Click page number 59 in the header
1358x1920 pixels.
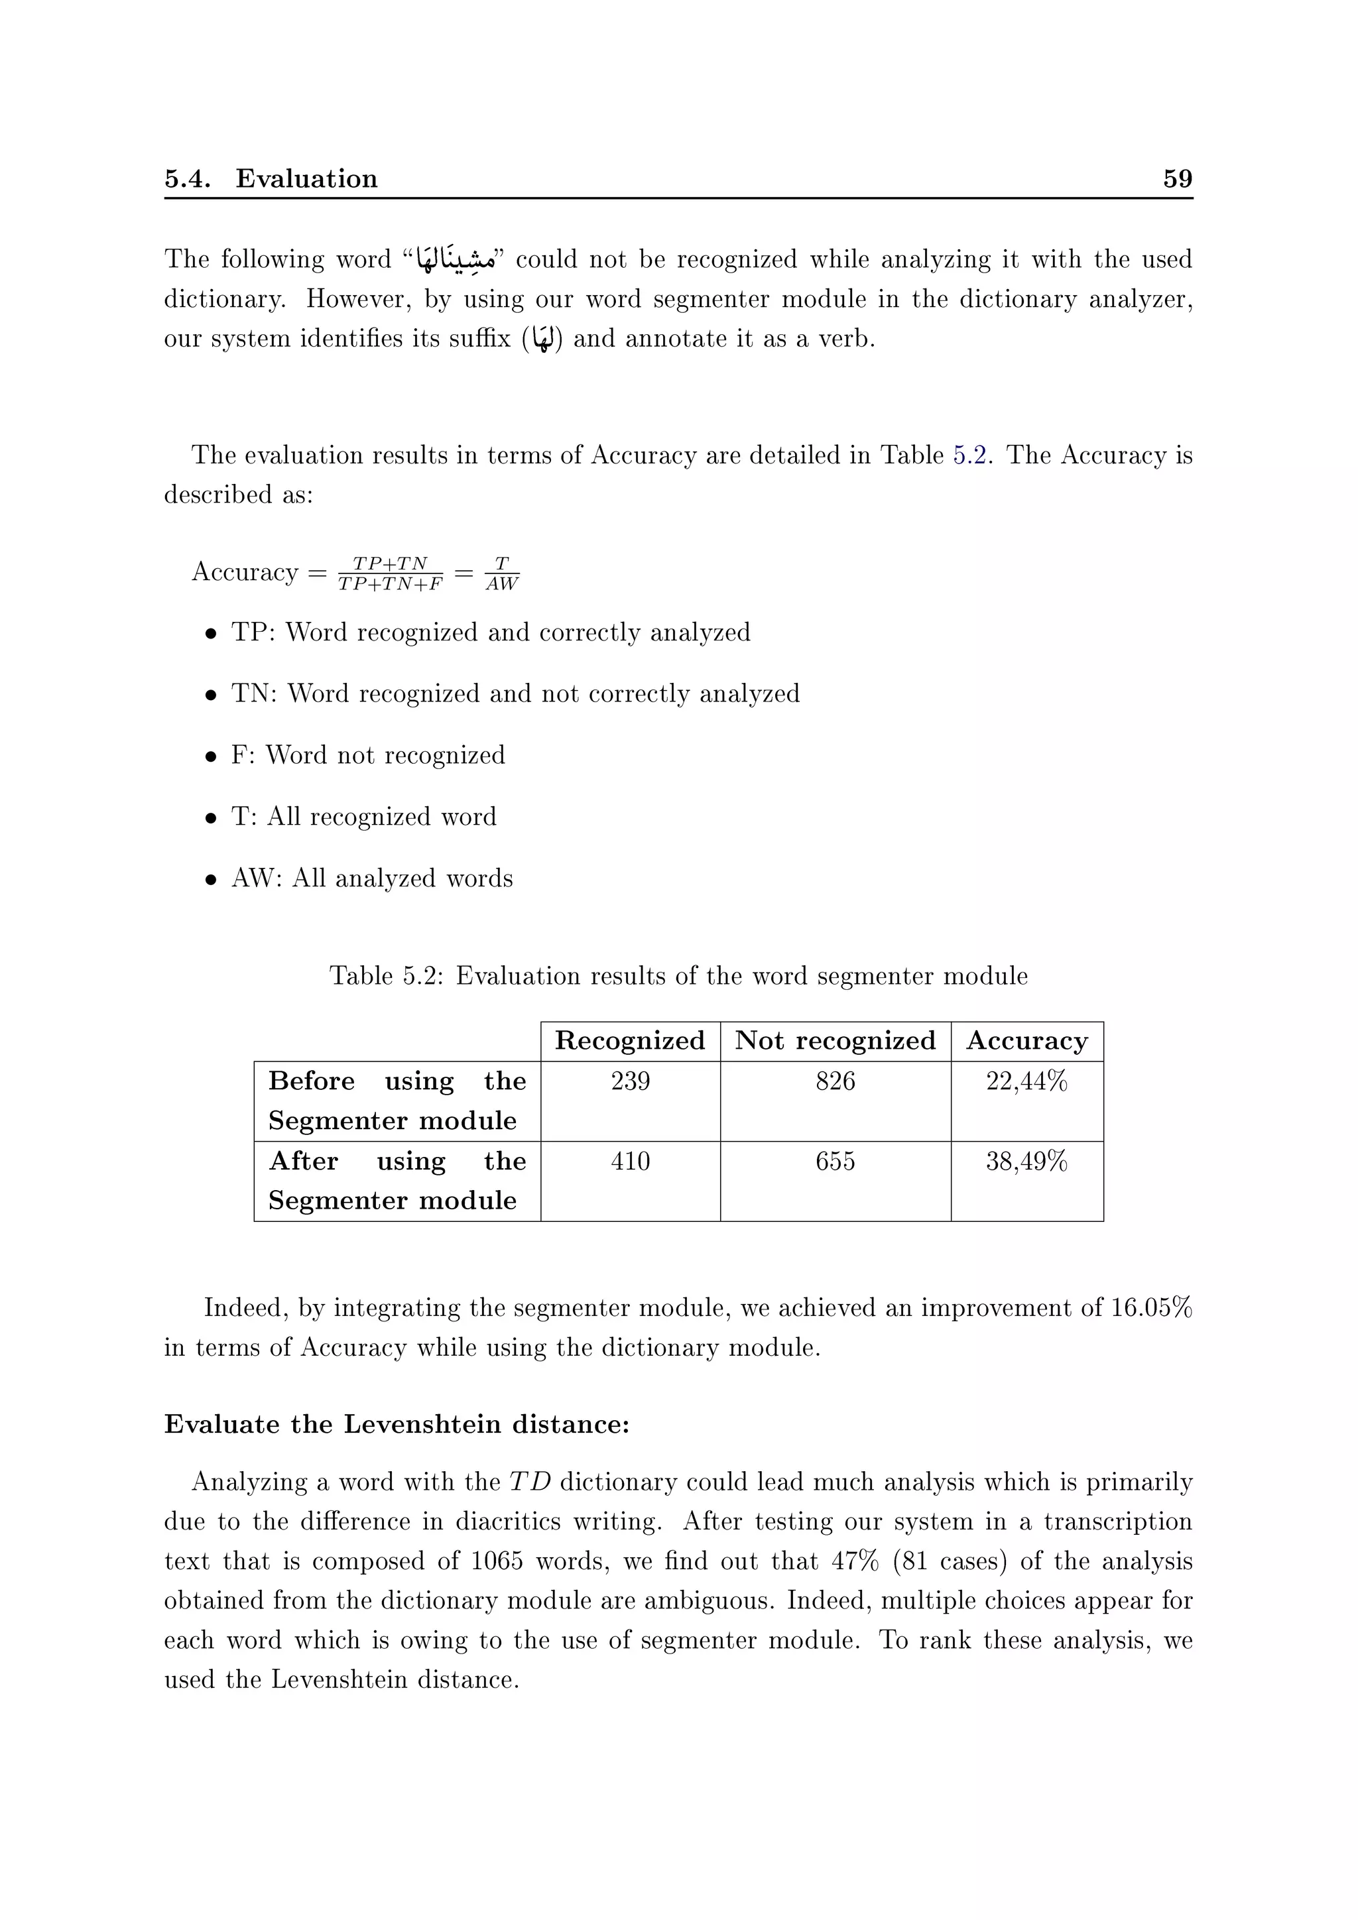coord(1178,179)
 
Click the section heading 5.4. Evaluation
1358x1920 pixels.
coord(271,179)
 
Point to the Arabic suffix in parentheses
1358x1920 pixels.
coord(542,339)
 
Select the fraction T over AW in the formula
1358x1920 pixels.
coord(502,573)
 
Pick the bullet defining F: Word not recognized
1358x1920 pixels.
coord(368,755)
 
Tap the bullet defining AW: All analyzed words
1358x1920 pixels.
coord(372,878)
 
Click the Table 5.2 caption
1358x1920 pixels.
coord(678,976)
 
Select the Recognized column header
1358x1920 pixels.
coord(630,1041)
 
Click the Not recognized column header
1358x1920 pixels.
coord(835,1041)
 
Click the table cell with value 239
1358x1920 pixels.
coord(630,1081)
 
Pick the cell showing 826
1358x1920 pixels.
coord(835,1081)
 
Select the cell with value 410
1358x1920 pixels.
coord(630,1161)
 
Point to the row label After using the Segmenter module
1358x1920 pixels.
coord(397,1180)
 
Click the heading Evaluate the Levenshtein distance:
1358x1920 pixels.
coord(397,1424)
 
